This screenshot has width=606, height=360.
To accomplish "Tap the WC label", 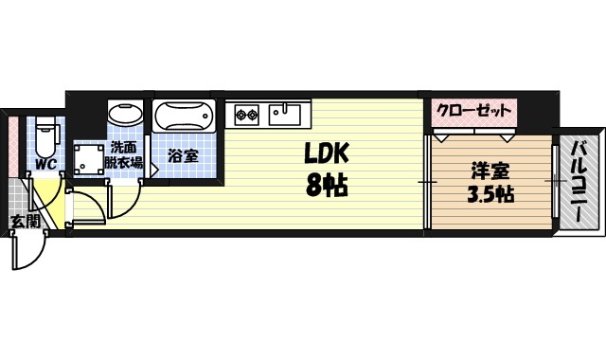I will tap(45, 165).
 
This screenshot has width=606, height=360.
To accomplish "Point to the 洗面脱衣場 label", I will tap(125, 154).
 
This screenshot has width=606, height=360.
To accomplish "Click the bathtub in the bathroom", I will tap(185, 117).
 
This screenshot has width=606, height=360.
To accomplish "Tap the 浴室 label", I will tap(184, 155).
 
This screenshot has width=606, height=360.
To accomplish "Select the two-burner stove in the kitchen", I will tap(247, 115).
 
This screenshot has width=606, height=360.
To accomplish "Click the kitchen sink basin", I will tap(284, 115).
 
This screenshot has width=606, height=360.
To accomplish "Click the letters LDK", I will tap(328, 153).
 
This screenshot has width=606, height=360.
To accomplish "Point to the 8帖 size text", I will tap(327, 186).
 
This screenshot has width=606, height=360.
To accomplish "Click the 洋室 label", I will tap(490, 171).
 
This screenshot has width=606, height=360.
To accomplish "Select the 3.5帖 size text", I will tap(490, 196).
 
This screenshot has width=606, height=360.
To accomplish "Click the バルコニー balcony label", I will tap(579, 179).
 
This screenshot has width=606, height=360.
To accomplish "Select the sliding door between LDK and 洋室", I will tap(428, 180).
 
